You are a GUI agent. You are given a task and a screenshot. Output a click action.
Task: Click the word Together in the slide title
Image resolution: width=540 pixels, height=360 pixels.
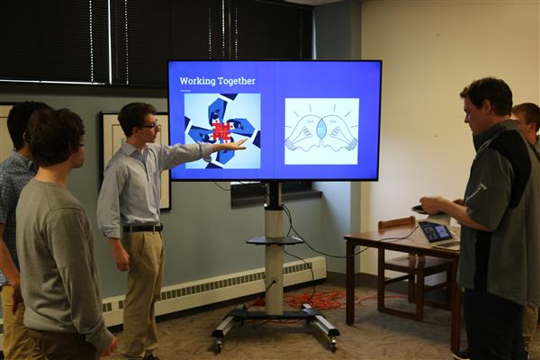tap(238, 81)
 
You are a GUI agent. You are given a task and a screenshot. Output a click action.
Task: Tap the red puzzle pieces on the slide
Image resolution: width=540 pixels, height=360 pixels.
tap(222, 131)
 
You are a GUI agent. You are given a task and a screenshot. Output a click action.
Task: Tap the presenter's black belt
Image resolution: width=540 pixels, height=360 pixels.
tap(143, 228)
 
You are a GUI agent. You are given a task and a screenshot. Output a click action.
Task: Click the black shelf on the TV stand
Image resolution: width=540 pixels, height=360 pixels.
tap(274, 240)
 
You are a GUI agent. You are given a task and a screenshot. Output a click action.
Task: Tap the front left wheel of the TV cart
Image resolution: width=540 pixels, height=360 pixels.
tap(218, 346)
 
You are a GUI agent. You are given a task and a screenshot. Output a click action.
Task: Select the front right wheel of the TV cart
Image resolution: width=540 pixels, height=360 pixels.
tap(333, 344)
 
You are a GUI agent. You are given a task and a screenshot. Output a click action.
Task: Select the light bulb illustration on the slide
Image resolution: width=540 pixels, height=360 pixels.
tap(321, 131)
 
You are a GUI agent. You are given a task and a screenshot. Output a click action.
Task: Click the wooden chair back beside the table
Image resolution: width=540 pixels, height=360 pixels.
tap(397, 223)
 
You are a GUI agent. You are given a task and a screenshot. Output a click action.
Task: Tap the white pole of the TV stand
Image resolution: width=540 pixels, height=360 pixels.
tap(274, 262)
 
